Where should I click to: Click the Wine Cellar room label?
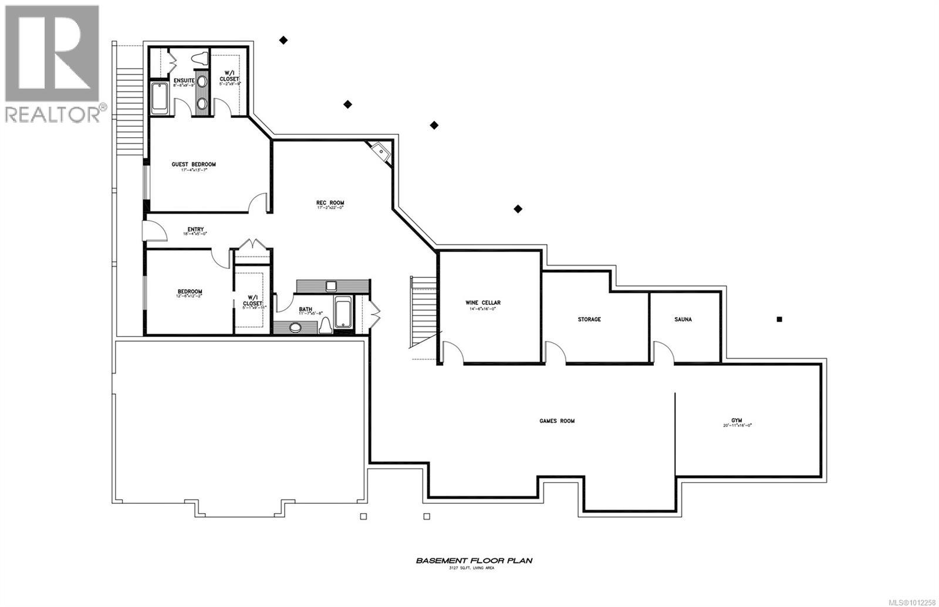pos(483,303)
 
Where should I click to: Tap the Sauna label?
pos(683,320)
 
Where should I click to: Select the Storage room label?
pos(589,320)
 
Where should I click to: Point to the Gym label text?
pos(737,421)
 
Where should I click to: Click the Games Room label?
pos(557,421)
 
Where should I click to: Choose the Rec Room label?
pos(330,204)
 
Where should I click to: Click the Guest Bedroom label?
pos(194,164)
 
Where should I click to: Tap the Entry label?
pos(195,229)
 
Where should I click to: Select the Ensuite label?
pos(184,80)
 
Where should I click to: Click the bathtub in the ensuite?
pos(160,99)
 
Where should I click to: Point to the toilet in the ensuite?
pos(200,59)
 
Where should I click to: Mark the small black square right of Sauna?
pos(779,320)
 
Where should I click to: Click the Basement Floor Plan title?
pos(474,561)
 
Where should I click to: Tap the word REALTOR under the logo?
pos(53,114)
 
